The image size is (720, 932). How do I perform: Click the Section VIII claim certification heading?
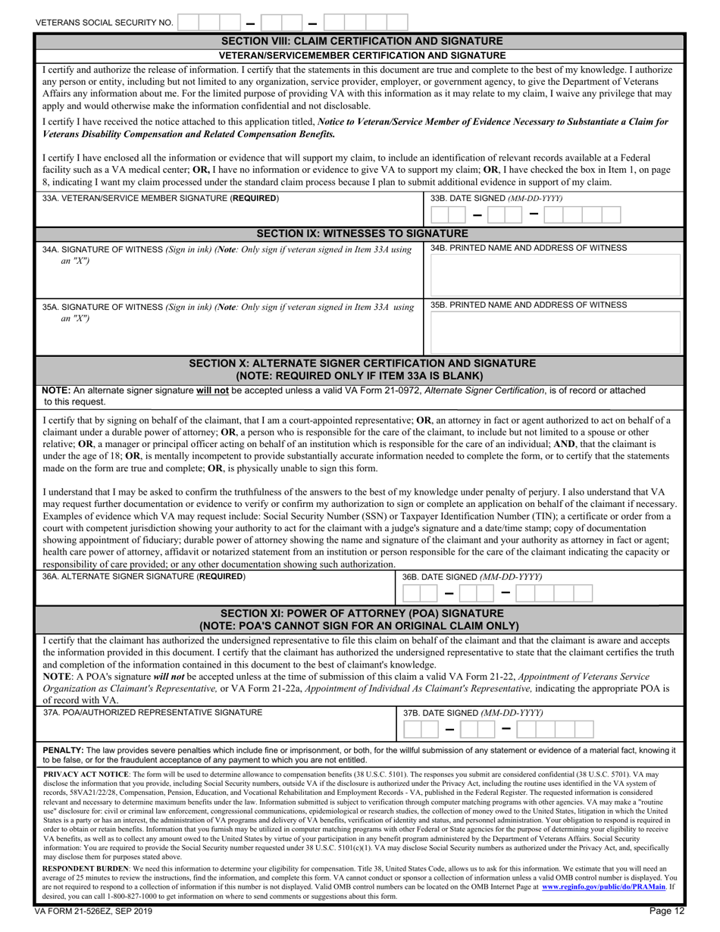(360, 40)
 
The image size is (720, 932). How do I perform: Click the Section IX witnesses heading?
(360, 233)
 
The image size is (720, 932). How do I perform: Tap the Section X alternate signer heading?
(360, 369)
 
